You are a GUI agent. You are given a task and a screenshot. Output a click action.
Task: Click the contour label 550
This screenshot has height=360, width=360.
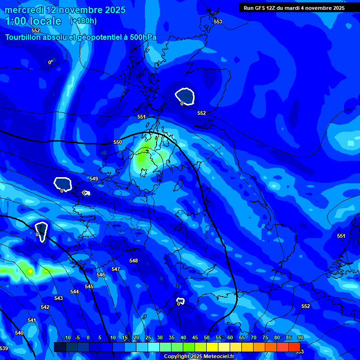pyautogui.click(x=118, y=142)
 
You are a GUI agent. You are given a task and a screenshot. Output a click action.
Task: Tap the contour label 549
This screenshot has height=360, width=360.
pyautogui.click(x=94, y=179)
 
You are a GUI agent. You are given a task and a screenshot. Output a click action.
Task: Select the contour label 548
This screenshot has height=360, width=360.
pyautogui.click(x=134, y=261)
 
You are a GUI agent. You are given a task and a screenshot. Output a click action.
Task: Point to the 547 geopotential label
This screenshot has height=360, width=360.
pyautogui.click(x=116, y=269)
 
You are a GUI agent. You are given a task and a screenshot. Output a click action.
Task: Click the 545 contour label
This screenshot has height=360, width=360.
pyautogui.click(x=89, y=286)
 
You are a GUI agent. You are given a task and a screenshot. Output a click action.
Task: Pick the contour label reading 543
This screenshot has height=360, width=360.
pyautogui.click(x=59, y=298)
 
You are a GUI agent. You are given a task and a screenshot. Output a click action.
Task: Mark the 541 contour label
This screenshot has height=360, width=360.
pyautogui.click(x=31, y=320)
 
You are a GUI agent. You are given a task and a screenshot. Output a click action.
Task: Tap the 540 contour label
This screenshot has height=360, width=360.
pyautogui.click(x=19, y=333)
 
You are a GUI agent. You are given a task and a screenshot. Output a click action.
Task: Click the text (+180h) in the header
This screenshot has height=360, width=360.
pyautogui.click(x=83, y=21)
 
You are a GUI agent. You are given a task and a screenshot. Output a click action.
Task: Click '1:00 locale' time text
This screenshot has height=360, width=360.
pyautogui.click(x=33, y=21)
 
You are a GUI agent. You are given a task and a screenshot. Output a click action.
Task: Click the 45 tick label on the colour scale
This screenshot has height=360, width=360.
pyautogui.click(x=195, y=338)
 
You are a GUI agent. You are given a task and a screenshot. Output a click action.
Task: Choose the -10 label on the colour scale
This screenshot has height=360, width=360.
pyautogui.click(x=67, y=338)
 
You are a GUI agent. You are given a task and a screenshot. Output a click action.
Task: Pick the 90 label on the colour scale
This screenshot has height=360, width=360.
pyautogui.click(x=300, y=338)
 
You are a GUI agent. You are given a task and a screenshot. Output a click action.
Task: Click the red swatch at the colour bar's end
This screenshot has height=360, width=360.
pyautogui.click(x=294, y=347)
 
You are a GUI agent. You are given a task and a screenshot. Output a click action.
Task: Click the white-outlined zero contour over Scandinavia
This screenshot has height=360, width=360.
pyautogui.click(x=185, y=96)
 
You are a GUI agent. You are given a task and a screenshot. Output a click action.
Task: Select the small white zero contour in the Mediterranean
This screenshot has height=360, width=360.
pyautogui.click(x=180, y=300)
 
